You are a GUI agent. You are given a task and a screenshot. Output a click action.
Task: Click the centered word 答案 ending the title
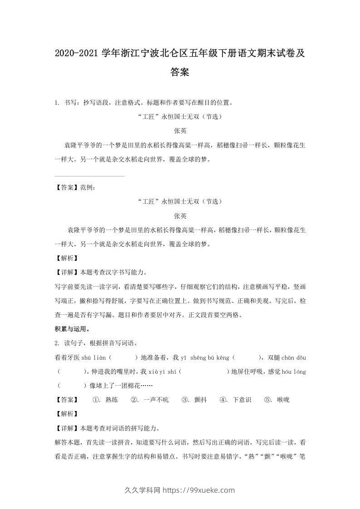[180, 72]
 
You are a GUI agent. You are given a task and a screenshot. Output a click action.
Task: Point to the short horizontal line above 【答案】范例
[89, 176]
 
